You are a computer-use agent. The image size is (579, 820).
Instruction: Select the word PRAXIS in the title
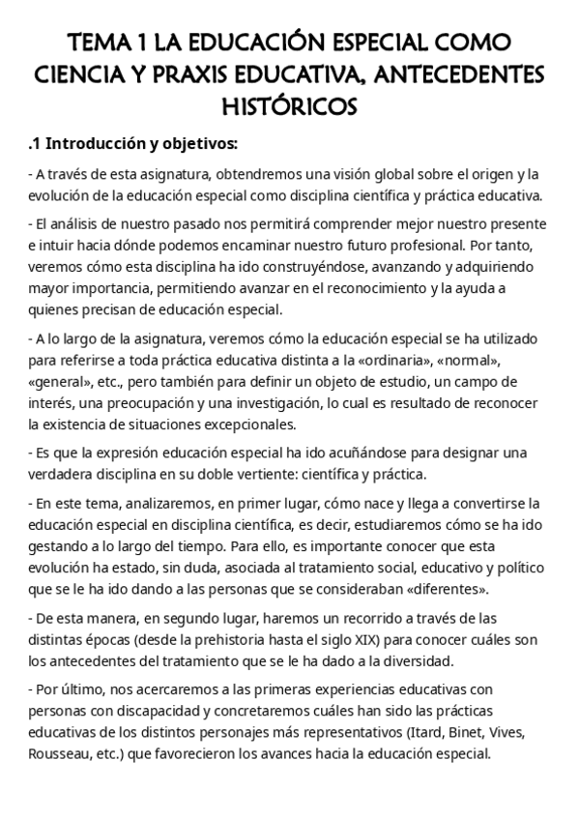(x=217, y=73)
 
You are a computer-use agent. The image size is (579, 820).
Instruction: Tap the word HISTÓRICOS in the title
(x=290, y=103)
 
